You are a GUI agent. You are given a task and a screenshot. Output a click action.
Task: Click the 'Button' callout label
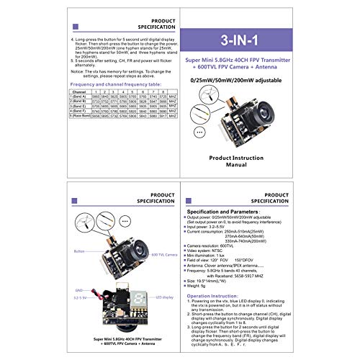[x=79, y=251]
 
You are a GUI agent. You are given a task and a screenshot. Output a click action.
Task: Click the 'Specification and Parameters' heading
[x=222, y=212]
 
